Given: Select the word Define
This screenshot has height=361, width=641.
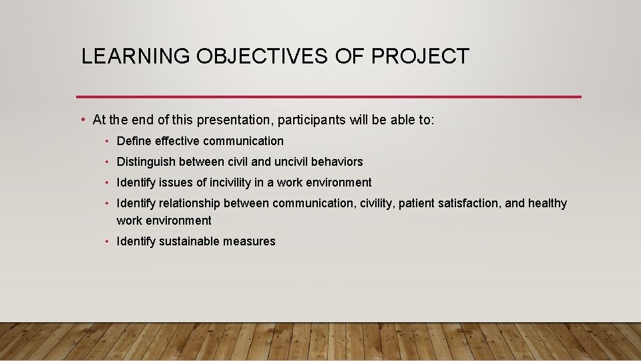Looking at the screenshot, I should tap(134, 141).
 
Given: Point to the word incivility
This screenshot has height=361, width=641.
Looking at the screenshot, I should tap(230, 183).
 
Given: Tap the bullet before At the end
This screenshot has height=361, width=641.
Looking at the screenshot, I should tap(82, 120).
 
